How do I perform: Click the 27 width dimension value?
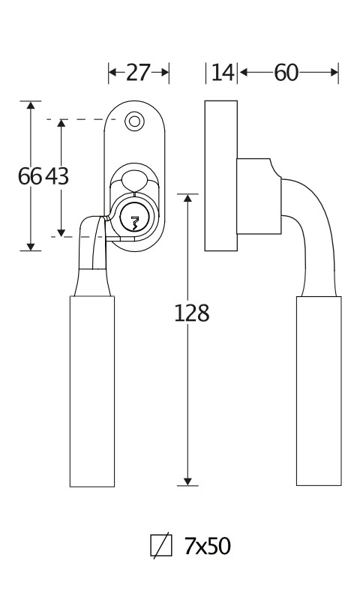139,72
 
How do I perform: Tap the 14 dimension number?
222,72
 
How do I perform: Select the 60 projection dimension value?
286,72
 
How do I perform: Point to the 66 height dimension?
30,176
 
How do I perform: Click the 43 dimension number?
57,176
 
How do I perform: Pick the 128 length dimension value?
192,313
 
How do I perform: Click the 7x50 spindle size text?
208,546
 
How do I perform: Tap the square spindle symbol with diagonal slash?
161,545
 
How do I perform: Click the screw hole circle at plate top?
134,121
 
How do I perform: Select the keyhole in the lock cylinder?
134,223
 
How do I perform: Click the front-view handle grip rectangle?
92,391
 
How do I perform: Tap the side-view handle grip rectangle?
319,391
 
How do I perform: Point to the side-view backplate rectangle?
221,175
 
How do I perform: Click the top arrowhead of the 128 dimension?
187,198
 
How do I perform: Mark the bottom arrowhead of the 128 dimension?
187,481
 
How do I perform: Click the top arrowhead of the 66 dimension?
31,105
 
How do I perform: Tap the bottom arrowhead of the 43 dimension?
61,232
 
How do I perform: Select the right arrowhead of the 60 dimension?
334,72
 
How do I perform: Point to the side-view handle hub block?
259,196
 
